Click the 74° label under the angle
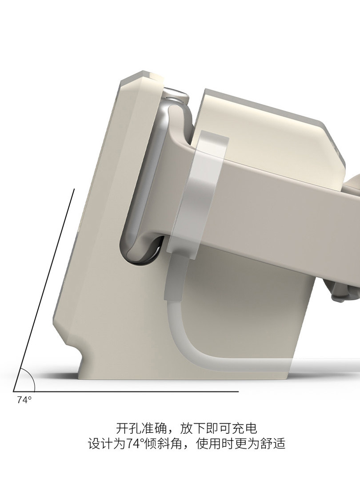coord(24,400)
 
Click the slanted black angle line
coord(44,290)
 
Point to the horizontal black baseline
coord(126,391)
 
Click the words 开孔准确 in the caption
coord(141,428)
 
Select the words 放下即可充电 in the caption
coord(219,428)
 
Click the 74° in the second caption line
coord(136,444)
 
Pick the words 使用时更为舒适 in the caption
coord(240,444)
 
